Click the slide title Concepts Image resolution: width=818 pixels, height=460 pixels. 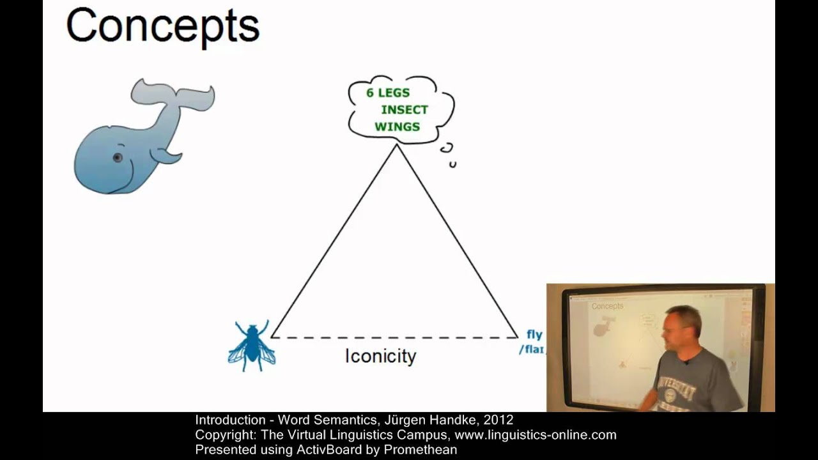click(x=162, y=26)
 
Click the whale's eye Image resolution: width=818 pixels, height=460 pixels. click(x=118, y=157)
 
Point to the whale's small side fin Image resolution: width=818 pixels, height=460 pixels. click(x=169, y=155)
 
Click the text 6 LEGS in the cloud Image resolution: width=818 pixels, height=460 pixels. click(x=387, y=93)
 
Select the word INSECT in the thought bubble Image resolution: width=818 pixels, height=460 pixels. click(x=405, y=109)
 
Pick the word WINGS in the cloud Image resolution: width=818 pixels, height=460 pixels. click(x=397, y=126)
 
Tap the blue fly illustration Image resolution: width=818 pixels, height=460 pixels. click(x=252, y=346)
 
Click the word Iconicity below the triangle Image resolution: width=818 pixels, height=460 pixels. click(x=380, y=356)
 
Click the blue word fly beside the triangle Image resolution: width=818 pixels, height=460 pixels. click(x=534, y=334)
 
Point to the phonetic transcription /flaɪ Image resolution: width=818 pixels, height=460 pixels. click(x=532, y=349)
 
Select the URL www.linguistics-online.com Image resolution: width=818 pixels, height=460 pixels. click(x=535, y=435)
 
